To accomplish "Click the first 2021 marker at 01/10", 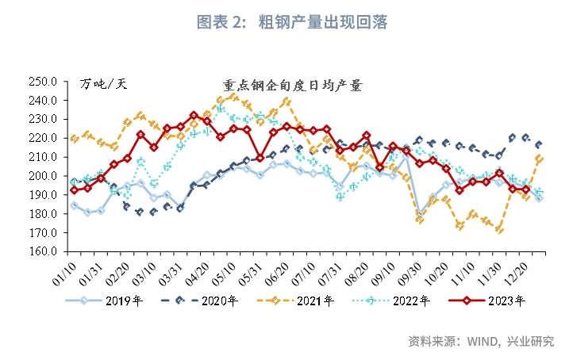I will [x=75, y=139].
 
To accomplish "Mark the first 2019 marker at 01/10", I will [x=75, y=205].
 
